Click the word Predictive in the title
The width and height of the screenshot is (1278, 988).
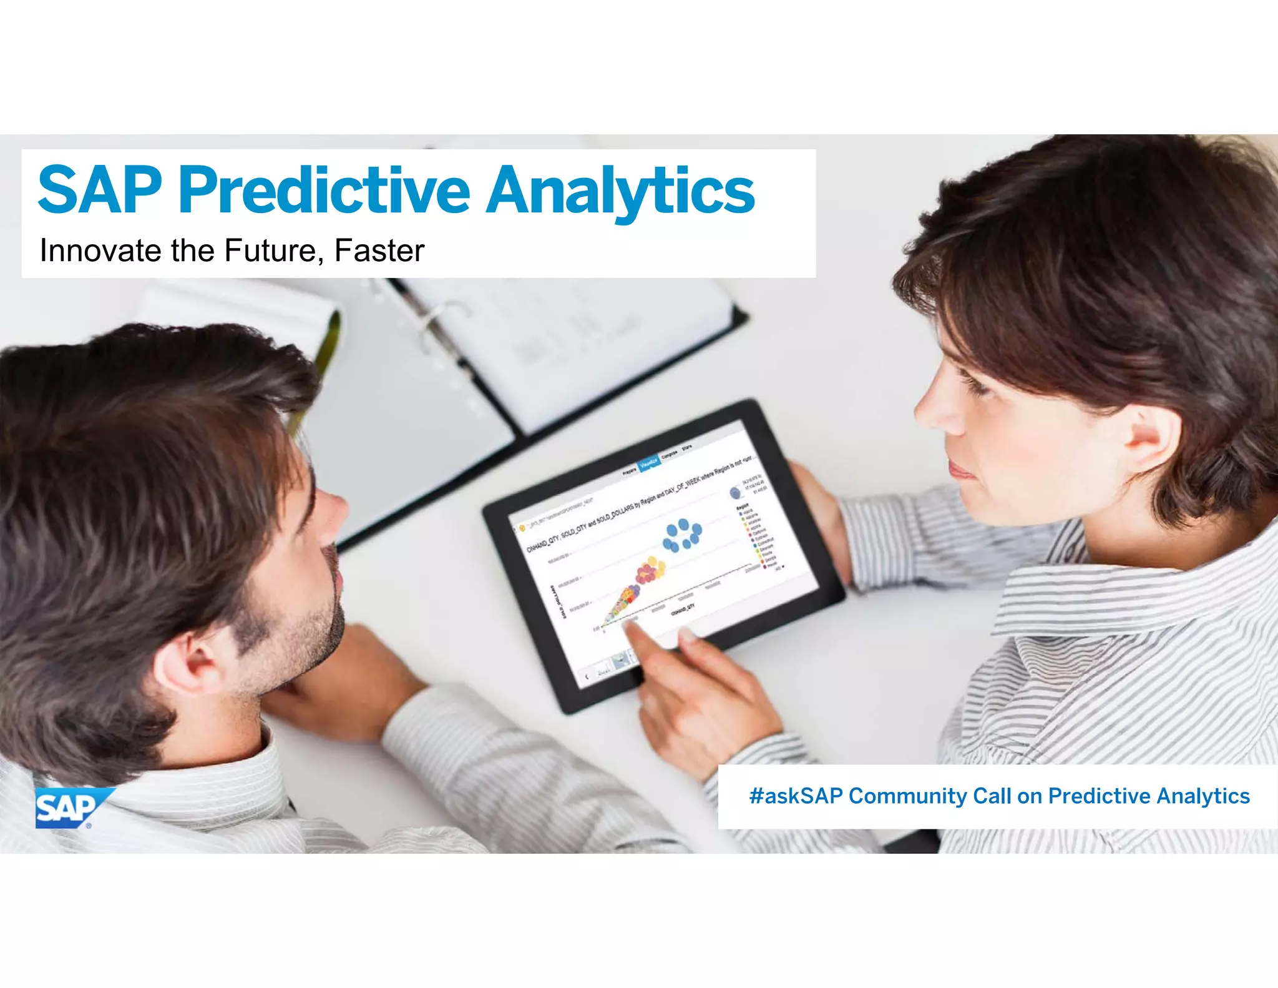coord(324,190)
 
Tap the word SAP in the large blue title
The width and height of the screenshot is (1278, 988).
coord(100,190)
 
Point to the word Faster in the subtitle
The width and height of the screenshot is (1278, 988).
coord(379,251)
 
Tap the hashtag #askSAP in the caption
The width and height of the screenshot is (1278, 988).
coord(796,796)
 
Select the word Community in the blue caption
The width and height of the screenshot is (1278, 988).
coord(907,796)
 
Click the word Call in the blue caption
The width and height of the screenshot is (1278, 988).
coord(992,796)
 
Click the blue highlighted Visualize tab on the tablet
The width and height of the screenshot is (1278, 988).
coord(649,462)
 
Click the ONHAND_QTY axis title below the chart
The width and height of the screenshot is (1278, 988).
coord(683,609)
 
